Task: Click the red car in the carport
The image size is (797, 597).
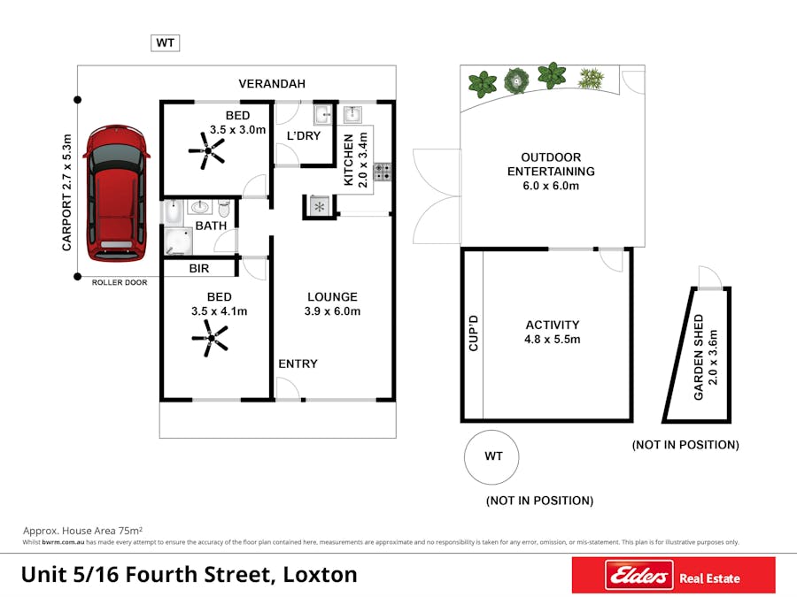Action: (x=114, y=193)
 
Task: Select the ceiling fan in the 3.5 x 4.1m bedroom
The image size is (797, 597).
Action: (x=209, y=337)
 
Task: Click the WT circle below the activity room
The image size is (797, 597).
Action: (x=492, y=456)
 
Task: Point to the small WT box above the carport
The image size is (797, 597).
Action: (x=166, y=42)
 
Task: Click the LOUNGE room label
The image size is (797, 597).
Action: (x=332, y=297)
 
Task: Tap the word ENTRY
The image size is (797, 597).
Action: (x=298, y=364)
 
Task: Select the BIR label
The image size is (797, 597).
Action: (x=198, y=268)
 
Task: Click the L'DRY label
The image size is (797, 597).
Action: (x=304, y=135)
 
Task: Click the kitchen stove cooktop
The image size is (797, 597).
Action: (x=383, y=172)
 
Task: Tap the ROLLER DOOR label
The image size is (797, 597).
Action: (x=120, y=282)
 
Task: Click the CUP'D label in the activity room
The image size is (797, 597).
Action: (x=473, y=333)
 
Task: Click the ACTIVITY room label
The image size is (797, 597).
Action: (x=552, y=325)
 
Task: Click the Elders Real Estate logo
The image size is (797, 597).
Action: (x=673, y=576)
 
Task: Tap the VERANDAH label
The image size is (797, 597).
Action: (x=272, y=84)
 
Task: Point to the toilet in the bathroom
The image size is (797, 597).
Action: (x=224, y=210)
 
